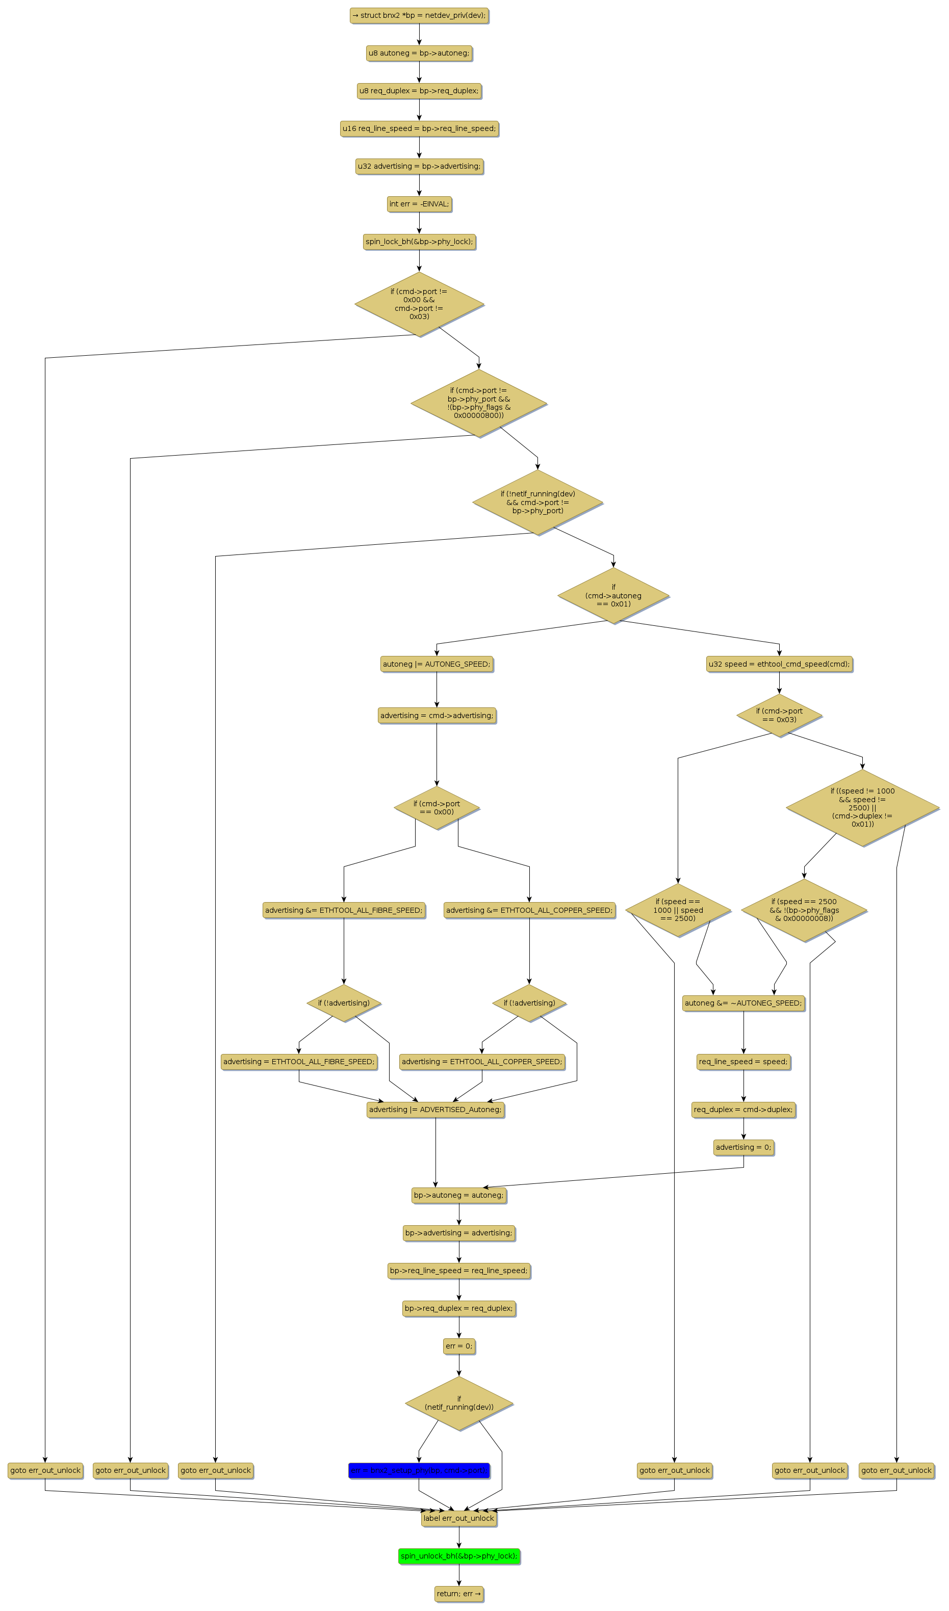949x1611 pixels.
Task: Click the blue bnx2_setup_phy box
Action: (419, 1470)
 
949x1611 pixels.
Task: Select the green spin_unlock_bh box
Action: (458, 1555)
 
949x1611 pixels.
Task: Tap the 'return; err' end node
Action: (458, 1593)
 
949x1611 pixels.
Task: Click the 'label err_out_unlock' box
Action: (458, 1518)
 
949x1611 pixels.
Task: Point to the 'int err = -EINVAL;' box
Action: (419, 204)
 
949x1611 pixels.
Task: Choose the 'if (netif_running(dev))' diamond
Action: (458, 1403)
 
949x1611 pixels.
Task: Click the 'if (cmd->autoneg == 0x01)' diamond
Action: (613, 595)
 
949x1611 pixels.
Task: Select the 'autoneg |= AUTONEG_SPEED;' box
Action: (437, 664)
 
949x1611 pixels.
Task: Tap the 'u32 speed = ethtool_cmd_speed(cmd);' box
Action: (779, 664)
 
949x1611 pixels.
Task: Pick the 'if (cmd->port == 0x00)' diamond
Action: (437, 808)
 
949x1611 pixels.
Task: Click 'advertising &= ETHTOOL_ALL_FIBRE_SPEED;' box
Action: (343, 910)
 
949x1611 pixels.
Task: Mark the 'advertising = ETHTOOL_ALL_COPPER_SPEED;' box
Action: (481, 1061)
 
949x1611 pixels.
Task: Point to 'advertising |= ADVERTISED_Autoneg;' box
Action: (435, 1109)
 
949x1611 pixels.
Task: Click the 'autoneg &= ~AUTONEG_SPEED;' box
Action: (743, 1002)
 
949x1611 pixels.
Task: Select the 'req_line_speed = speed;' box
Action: (743, 1061)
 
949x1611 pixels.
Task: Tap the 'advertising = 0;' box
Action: (743, 1147)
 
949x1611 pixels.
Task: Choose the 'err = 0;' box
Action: (458, 1345)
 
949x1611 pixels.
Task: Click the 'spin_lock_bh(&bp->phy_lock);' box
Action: (419, 242)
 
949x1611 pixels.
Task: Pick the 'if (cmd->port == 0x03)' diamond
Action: (779, 715)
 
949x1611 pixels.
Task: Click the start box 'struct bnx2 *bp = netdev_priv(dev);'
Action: (419, 15)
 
